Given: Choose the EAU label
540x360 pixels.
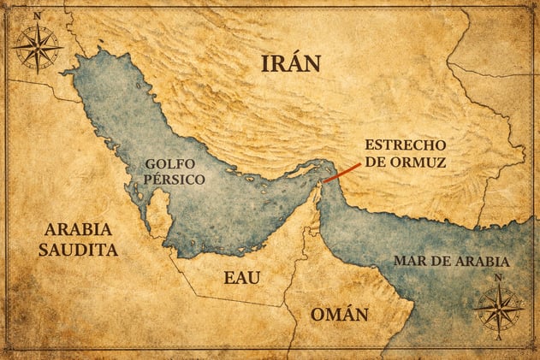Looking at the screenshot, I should pyautogui.click(x=241, y=278).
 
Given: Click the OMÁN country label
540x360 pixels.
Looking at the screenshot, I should pyautogui.click(x=341, y=314).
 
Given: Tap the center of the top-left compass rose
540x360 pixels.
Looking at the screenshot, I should pyautogui.click(x=37, y=47).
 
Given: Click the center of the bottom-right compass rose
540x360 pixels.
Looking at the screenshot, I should pyautogui.click(x=498, y=308).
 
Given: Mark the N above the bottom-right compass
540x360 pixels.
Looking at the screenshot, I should pyautogui.click(x=498, y=277).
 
